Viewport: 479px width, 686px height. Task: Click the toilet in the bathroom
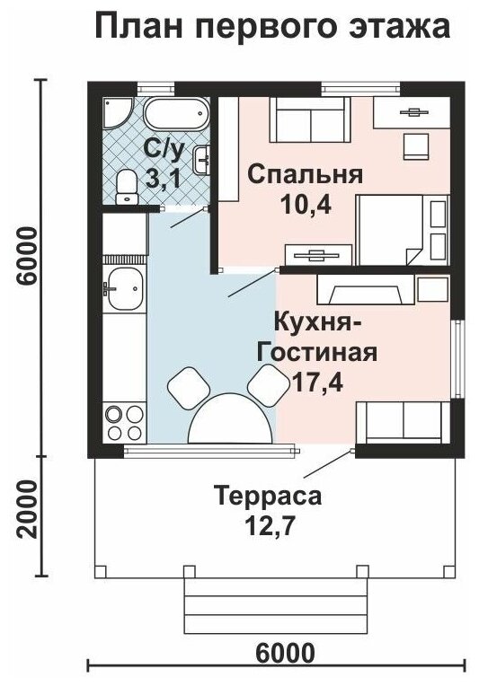tap(127, 187)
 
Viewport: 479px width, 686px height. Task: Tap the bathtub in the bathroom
tap(176, 113)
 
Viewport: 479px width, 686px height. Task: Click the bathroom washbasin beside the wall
tap(202, 160)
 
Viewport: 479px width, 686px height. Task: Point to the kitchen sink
tap(125, 288)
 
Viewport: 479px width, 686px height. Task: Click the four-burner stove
tap(125, 423)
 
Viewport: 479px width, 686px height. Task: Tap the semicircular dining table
tap(230, 419)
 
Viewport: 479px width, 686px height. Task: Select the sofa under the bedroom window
tap(310, 119)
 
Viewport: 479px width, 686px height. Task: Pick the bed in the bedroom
tap(403, 230)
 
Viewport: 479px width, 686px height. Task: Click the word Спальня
tap(306, 175)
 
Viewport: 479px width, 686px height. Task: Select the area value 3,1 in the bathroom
tap(163, 179)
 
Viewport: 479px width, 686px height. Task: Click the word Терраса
tap(268, 497)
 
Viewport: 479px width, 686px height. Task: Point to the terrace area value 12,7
tap(268, 526)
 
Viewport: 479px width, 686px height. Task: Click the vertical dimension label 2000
tap(27, 510)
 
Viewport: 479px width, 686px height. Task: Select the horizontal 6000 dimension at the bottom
tap(285, 654)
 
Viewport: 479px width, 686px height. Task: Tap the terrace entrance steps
tap(275, 605)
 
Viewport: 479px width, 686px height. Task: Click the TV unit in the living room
tap(366, 289)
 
